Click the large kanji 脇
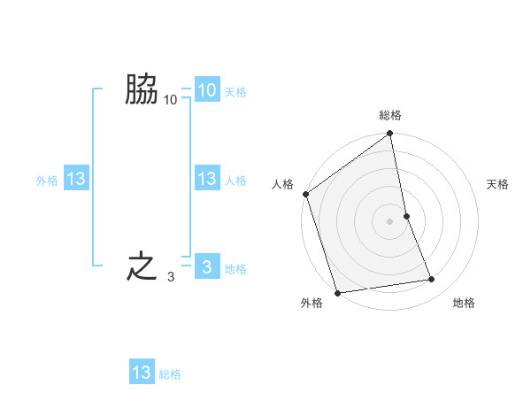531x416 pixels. click(142, 90)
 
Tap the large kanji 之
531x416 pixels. click(142, 266)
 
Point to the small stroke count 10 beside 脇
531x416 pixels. click(170, 101)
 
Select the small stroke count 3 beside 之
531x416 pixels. click(170, 278)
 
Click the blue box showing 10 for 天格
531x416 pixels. click(207, 90)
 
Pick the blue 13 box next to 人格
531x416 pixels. click(207, 180)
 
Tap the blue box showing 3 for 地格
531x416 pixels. click(207, 267)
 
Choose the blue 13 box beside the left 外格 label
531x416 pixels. click(76, 180)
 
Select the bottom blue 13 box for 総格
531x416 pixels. click(142, 373)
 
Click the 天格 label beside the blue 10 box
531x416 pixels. click(235, 92)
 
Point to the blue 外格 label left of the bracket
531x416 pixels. click(47, 181)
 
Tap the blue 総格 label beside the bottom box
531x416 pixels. click(170, 374)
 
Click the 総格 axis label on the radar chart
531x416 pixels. click(390, 115)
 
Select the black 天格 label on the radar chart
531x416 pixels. click(498, 184)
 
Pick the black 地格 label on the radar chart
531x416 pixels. click(464, 304)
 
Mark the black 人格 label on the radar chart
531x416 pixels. click(281, 184)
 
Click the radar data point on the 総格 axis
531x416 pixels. click(390, 135)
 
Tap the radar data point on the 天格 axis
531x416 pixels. click(406, 215)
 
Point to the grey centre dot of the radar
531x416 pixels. click(390, 220)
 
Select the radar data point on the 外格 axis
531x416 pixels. click(337, 293)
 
